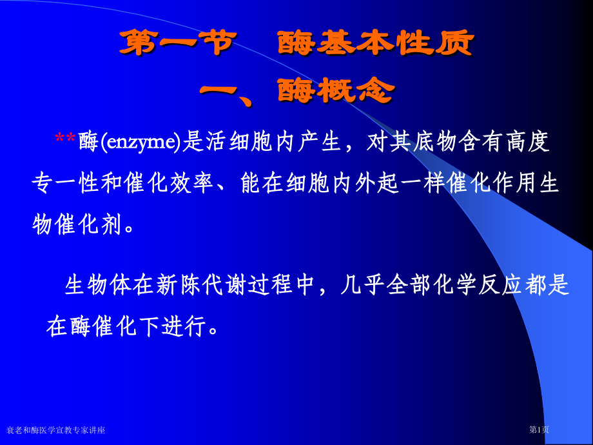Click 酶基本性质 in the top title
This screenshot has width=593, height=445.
[376, 44]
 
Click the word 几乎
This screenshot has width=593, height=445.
[359, 285]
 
